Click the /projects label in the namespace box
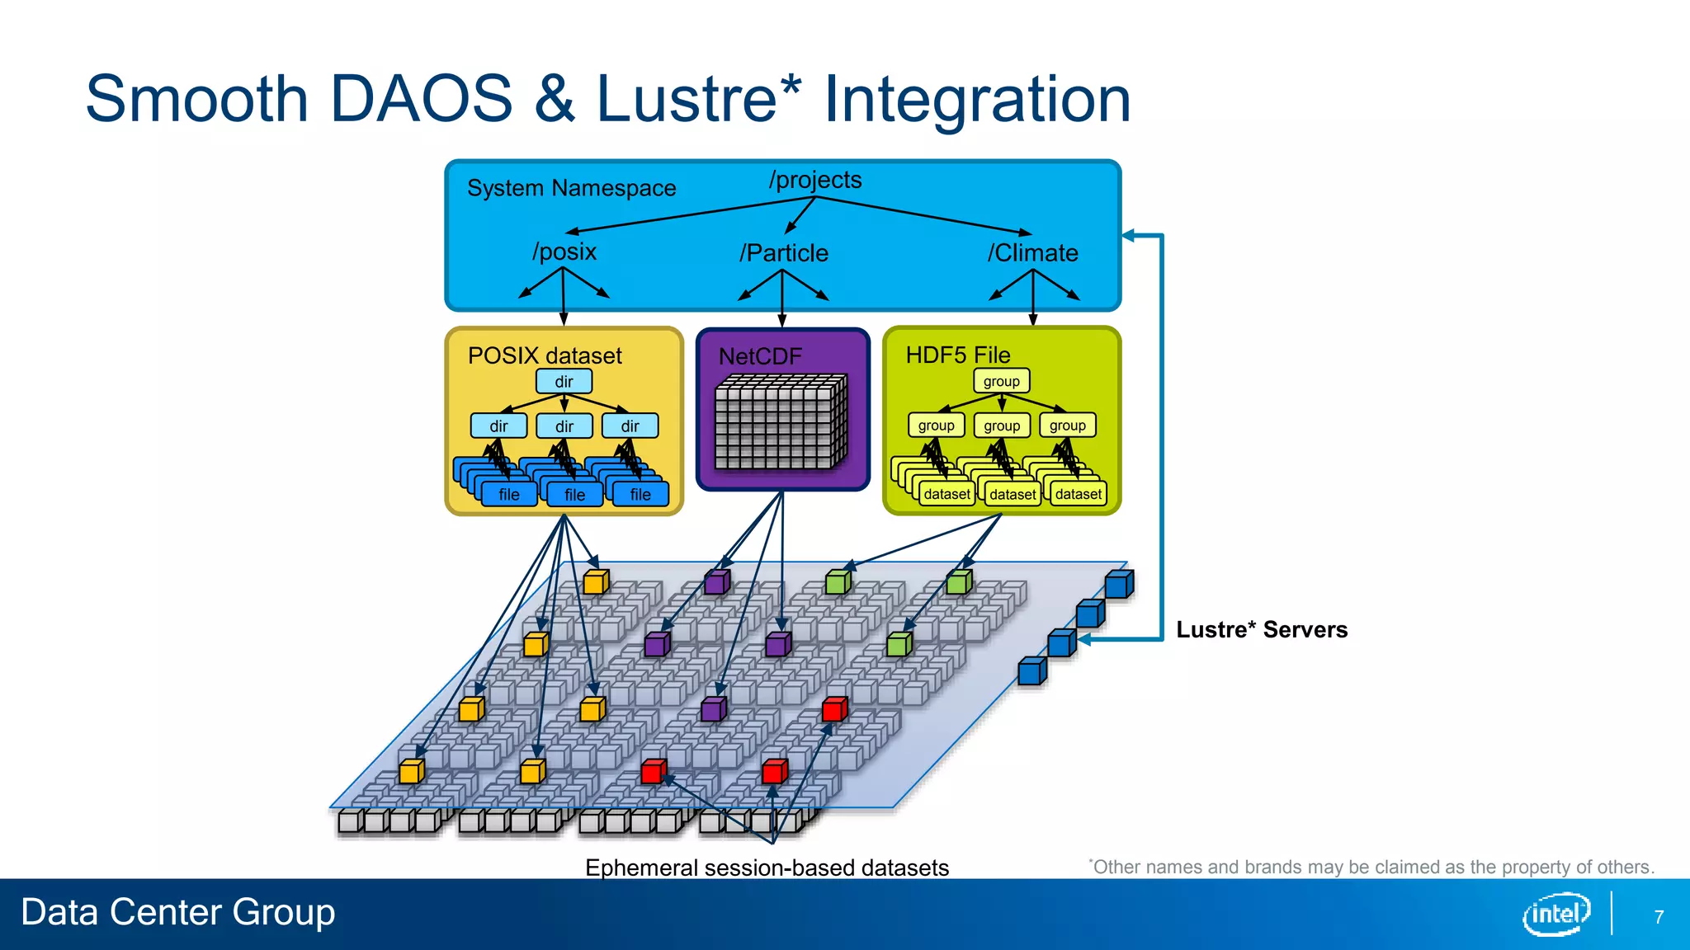coord(815,180)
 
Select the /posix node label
coord(564,252)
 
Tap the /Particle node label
coord(783,253)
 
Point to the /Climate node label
coord(1032,253)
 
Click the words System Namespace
coord(571,188)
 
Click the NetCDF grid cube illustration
coord(781,422)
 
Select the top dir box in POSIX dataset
coord(564,382)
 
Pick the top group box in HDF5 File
coord(1001,381)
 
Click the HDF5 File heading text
coord(957,355)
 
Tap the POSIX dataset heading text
coord(545,356)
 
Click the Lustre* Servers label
coord(1261,630)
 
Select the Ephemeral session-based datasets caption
coord(767,868)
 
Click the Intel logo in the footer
coord(1555,914)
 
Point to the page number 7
coord(1659,917)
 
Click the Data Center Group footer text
coord(177,912)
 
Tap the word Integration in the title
coord(977,99)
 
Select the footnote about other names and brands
coord(1371,867)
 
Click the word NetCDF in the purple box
coord(760,356)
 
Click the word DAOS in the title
coord(421,99)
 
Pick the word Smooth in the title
coord(196,99)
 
